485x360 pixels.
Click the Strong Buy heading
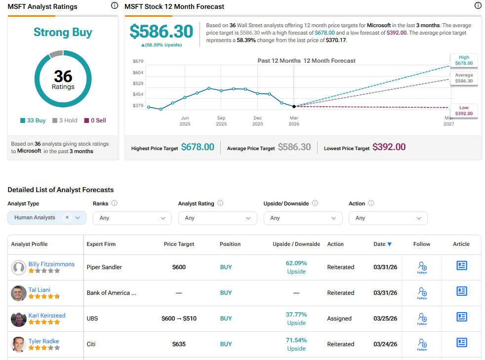(x=63, y=33)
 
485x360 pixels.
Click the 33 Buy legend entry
(x=34, y=120)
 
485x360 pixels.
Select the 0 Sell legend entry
(x=95, y=120)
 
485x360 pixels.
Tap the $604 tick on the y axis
(x=138, y=72)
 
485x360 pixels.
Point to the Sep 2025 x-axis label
(x=221, y=120)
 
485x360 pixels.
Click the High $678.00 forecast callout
(x=464, y=60)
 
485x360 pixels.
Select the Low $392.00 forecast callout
(x=464, y=111)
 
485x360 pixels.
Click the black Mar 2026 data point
(x=294, y=106)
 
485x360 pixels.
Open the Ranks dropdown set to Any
(x=132, y=218)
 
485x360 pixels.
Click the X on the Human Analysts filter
(x=67, y=217)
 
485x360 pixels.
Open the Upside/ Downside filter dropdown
(x=303, y=218)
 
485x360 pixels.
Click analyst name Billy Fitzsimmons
(x=51, y=264)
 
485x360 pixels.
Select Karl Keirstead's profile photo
(x=19, y=319)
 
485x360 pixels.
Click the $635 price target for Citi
(x=179, y=344)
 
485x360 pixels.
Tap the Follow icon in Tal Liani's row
(x=422, y=293)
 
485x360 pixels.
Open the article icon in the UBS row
(x=461, y=317)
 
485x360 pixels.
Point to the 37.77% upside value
(x=296, y=315)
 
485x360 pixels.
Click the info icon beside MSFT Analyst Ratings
(x=115, y=6)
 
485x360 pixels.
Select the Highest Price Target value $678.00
(x=198, y=147)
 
